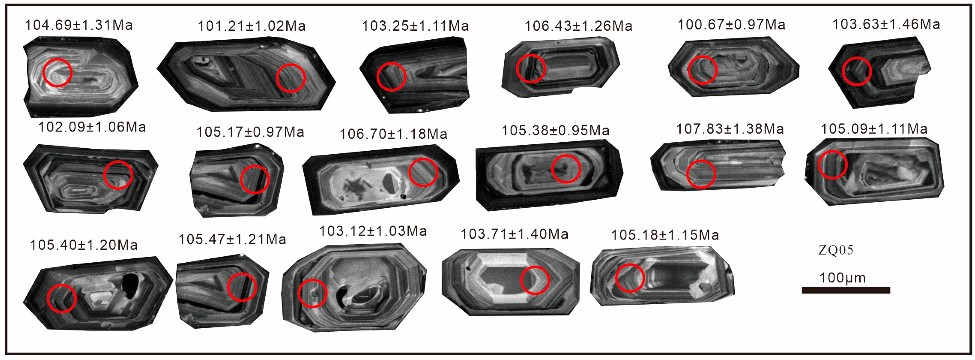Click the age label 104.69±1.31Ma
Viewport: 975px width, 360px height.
pos(79,25)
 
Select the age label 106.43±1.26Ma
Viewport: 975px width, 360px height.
pos(578,26)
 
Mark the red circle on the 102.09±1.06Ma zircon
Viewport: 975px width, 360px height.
pos(118,175)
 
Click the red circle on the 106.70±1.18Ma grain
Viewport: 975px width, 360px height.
pos(423,172)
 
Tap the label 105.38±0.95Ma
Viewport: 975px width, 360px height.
pos(555,130)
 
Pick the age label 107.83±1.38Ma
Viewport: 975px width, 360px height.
pos(730,129)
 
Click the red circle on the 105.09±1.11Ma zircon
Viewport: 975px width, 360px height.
pos(832,165)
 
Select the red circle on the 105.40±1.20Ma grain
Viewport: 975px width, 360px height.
pos(62,298)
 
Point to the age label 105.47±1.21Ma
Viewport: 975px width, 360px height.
pos(232,239)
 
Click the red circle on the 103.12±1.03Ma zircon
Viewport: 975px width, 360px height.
pos(312,293)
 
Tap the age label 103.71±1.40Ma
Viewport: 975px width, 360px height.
pos(514,234)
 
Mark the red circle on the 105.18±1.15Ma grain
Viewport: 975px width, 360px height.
pos(630,278)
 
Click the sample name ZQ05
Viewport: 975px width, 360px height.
pos(836,250)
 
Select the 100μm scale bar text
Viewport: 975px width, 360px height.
pos(842,278)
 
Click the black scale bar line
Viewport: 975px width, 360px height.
pos(846,290)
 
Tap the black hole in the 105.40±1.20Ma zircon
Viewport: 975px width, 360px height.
pos(131,287)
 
